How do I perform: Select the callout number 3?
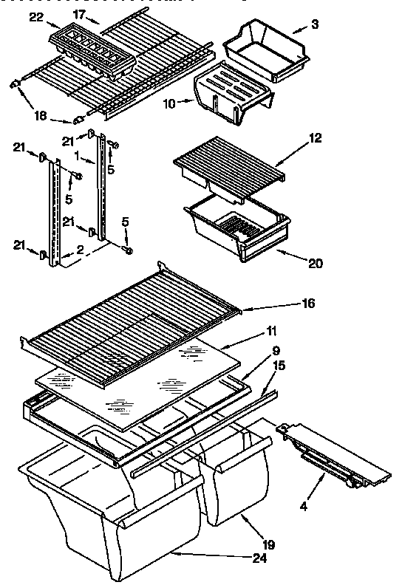click(x=315, y=26)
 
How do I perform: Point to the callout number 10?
click(x=170, y=103)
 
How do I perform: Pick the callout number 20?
click(x=316, y=262)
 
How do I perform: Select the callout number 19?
click(x=268, y=545)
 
